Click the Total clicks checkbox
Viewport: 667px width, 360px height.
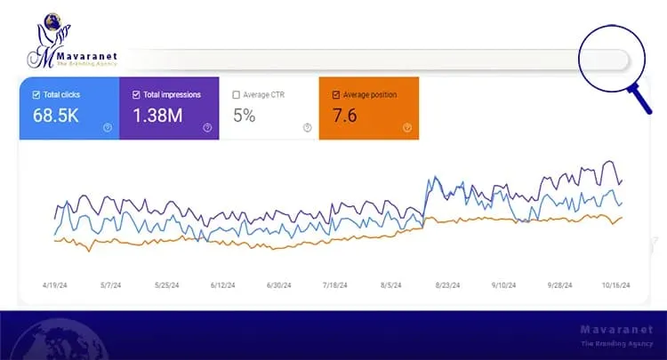[36, 94]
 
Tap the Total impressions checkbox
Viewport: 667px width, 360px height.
[136, 94]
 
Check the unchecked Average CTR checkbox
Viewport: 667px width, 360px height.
[236, 94]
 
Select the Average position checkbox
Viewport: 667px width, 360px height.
[336, 94]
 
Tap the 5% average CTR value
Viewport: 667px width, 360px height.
[245, 115]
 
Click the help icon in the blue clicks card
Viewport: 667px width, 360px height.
[108, 128]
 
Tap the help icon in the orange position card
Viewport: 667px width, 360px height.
[407, 128]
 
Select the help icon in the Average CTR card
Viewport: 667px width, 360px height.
[308, 128]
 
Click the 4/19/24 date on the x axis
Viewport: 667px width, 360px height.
[55, 285]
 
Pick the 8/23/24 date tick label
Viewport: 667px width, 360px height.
[447, 285]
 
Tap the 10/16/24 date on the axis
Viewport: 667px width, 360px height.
[615, 285]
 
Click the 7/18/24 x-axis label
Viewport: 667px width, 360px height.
[335, 285]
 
